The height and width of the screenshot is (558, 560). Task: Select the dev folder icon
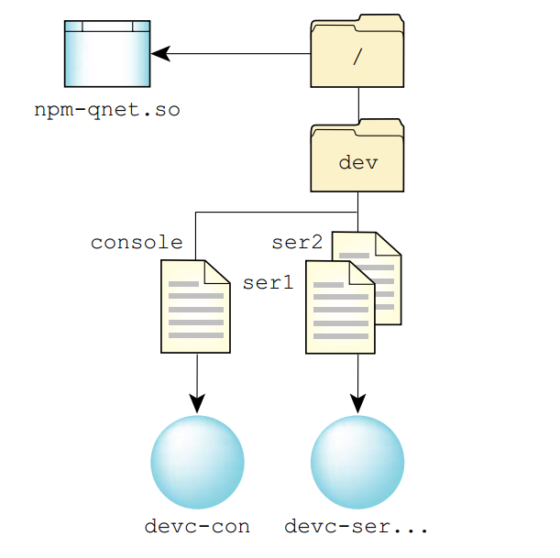[357, 160]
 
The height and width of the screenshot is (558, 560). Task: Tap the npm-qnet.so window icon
[106, 57]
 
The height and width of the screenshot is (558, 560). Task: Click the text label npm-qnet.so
[107, 111]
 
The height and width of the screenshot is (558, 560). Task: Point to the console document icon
[195, 307]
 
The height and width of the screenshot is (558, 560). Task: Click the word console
[137, 243]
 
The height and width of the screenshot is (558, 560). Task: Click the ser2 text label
[297, 243]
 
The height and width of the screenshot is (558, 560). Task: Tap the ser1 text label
[268, 283]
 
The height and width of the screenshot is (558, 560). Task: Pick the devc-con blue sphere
[197, 462]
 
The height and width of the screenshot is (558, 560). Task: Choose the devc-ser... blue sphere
[357, 462]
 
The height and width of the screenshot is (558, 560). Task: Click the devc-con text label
[197, 527]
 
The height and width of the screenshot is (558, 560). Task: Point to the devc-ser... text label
[357, 527]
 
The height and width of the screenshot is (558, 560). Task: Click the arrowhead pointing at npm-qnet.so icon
[161, 54]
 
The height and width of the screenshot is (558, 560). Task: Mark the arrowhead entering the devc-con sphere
[197, 403]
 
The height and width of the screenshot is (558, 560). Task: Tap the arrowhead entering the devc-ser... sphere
[357, 403]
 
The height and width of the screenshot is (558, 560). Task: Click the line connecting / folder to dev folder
[357, 104]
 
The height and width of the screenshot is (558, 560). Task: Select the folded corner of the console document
[218, 272]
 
